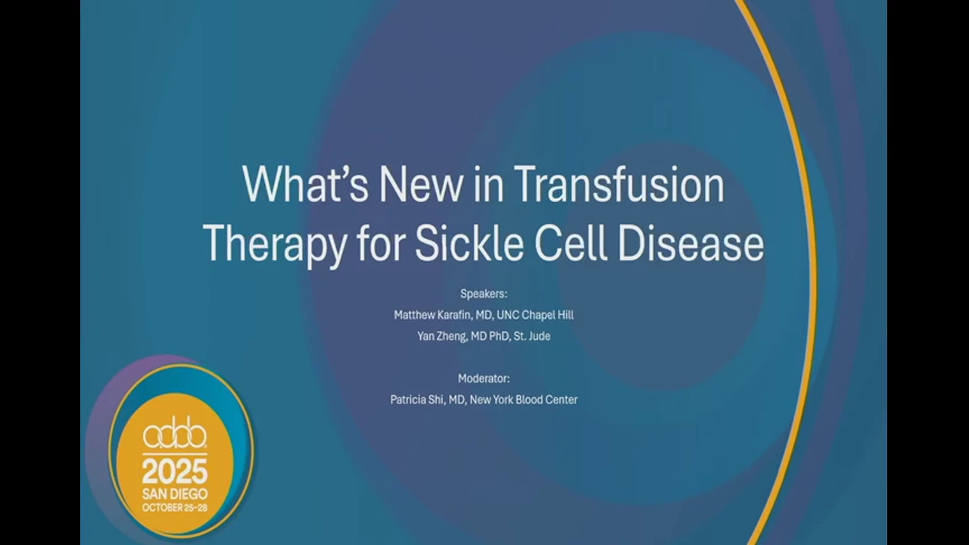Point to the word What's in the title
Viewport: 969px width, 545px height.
305,184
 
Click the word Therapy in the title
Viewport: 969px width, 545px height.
275,245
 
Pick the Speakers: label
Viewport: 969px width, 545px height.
484,294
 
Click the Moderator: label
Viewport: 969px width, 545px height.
484,378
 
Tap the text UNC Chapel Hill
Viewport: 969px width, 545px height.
535,316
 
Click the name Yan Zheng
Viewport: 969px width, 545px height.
441,337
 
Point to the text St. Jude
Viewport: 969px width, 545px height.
531,336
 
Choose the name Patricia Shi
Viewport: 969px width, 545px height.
417,400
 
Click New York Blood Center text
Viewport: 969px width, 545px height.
523,400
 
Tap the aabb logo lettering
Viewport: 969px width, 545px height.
175,436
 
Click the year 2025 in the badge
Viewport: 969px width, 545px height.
175,472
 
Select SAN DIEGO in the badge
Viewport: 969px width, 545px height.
175,494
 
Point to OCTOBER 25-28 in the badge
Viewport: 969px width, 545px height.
175,507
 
